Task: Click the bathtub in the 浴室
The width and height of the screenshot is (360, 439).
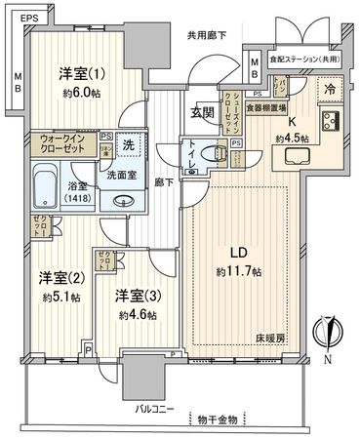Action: coord(48,183)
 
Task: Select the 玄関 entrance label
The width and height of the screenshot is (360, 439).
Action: coord(203,112)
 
